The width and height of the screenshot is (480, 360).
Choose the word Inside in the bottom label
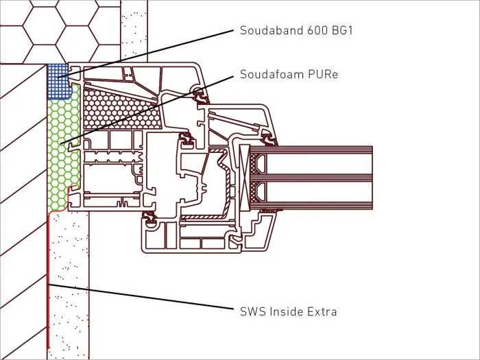point(281,311)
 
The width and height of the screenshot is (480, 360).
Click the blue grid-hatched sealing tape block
point(58,81)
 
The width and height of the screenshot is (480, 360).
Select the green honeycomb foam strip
point(63,147)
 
